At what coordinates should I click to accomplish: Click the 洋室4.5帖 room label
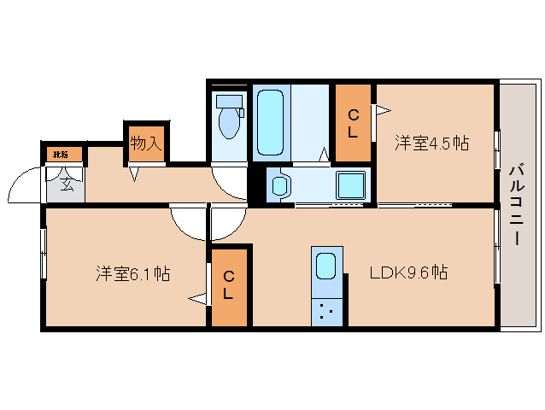pyautogui.click(x=431, y=143)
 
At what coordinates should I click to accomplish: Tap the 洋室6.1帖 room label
pyautogui.click(x=132, y=274)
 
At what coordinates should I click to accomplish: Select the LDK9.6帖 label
pyautogui.click(x=409, y=273)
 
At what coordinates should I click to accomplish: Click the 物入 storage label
pyautogui.click(x=145, y=143)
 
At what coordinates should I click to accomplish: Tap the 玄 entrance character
pyautogui.click(x=66, y=183)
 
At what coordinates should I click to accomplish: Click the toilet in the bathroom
pyautogui.click(x=229, y=120)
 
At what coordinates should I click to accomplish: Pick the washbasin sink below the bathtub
pyautogui.click(x=280, y=184)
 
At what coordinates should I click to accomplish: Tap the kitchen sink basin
pyautogui.click(x=326, y=267)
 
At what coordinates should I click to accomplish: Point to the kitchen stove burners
pyautogui.click(x=326, y=312)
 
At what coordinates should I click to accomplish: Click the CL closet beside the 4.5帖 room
pyautogui.click(x=353, y=123)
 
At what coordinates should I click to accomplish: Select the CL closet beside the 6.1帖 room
pyautogui.click(x=229, y=286)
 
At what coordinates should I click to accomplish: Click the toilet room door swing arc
pyautogui.click(x=228, y=181)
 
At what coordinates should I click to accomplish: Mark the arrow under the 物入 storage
pyautogui.click(x=134, y=173)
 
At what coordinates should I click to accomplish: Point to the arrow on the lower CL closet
pyautogui.click(x=199, y=298)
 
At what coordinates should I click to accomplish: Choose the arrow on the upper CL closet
pyautogui.click(x=382, y=109)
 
